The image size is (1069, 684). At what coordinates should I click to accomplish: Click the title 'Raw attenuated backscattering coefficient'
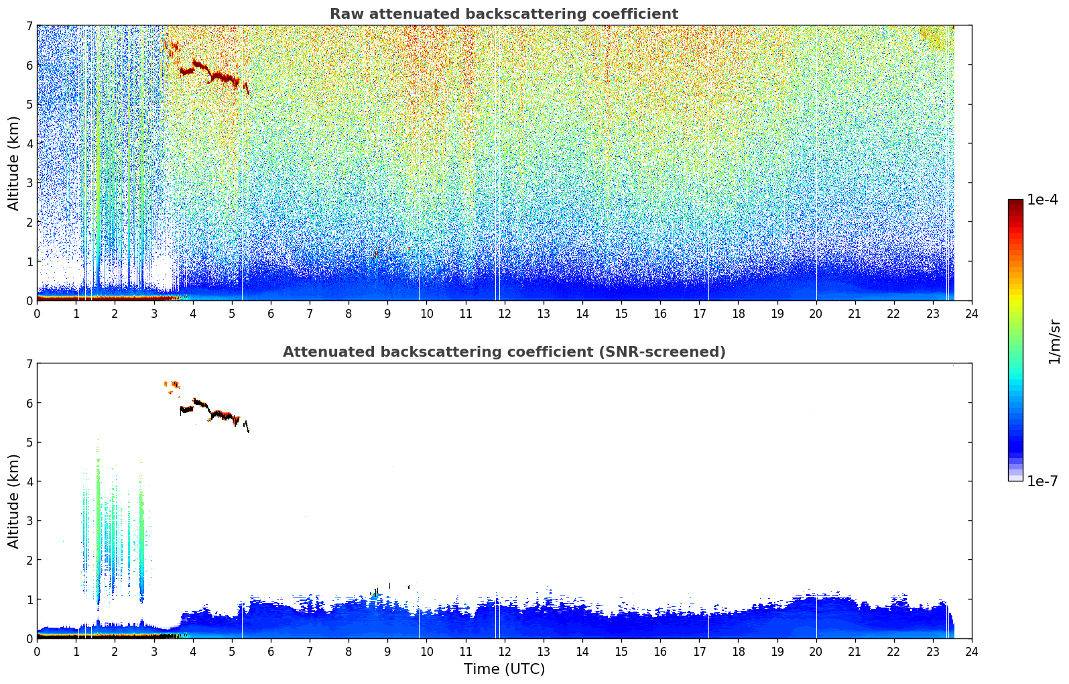(x=504, y=14)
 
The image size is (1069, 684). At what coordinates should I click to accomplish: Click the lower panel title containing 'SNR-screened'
(x=504, y=352)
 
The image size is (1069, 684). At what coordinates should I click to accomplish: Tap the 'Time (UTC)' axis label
(x=504, y=669)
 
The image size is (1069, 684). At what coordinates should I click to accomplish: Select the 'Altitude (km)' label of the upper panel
(x=13, y=164)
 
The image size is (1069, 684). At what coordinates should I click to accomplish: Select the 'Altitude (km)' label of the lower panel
(x=13, y=501)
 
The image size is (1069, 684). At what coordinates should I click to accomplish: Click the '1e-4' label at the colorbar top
(x=1043, y=200)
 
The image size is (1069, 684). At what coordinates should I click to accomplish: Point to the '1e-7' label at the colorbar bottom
(x=1043, y=481)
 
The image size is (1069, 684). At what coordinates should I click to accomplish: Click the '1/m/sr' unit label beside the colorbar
(x=1054, y=343)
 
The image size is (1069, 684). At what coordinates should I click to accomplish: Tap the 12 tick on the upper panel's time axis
(x=505, y=314)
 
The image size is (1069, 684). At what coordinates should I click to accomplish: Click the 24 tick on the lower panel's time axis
(x=972, y=652)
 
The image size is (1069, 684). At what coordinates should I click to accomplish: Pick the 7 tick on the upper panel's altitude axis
(x=29, y=25)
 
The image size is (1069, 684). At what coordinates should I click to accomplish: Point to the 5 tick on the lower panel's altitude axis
(x=29, y=443)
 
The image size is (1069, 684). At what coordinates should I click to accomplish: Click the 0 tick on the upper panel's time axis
(x=38, y=314)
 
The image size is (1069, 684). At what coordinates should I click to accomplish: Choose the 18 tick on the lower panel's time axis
(x=739, y=652)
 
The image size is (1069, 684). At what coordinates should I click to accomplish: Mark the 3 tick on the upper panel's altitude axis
(x=29, y=183)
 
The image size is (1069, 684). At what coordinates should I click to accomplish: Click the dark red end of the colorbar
(x=1015, y=203)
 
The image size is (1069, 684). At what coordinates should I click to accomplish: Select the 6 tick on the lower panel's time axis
(x=271, y=652)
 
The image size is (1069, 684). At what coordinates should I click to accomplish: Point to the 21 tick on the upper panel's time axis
(x=855, y=314)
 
